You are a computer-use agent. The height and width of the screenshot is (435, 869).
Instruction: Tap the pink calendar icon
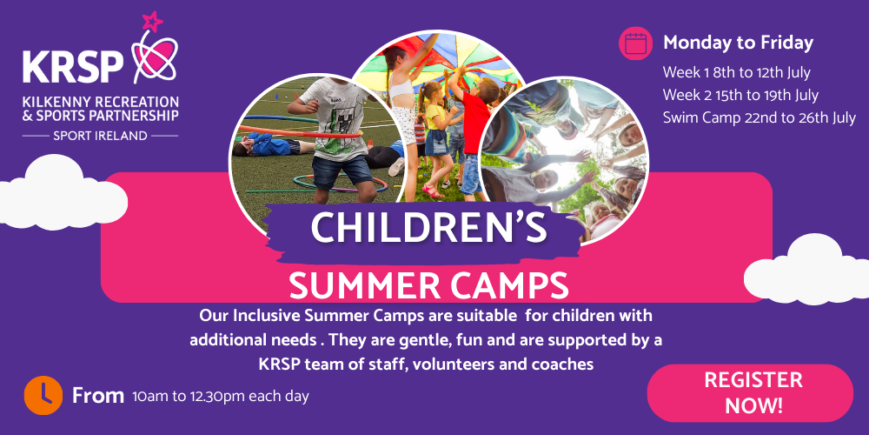point(635,43)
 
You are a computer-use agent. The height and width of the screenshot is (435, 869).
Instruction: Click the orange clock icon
point(43,395)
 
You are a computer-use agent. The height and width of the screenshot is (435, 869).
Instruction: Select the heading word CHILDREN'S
point(429,227)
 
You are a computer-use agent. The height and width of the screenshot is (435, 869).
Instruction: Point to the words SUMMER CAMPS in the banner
point(429,284)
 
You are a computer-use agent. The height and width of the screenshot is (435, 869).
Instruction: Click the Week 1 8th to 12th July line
point(736,72)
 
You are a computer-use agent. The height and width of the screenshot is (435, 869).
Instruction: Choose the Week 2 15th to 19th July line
point(740,95)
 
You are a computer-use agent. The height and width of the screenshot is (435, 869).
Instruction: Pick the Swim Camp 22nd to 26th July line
point(759,117)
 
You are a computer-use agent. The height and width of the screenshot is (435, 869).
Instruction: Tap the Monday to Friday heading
point(738,43)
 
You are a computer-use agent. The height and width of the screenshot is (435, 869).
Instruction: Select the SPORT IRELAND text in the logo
point(100,136)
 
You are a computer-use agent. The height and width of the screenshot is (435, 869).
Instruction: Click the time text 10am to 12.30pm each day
point(220,397)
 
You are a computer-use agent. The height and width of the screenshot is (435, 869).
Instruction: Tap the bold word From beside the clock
point(97,396)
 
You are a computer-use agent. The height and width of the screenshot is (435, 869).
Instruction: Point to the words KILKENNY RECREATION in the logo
point(100,101)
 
